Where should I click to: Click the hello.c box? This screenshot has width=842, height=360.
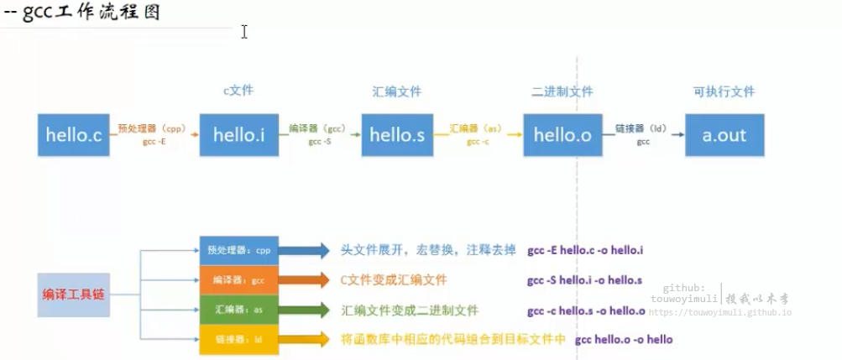[74, 134]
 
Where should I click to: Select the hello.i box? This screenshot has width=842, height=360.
[239, 134]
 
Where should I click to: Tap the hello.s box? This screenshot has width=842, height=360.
[397, 134]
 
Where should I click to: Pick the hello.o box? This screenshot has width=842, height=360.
[562, 134]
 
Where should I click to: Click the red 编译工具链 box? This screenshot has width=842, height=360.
[74, 295]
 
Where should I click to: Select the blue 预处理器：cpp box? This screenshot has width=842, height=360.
[239, 249]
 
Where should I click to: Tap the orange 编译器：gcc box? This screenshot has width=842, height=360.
[239, 279]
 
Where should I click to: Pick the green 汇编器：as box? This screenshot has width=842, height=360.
[239, 310]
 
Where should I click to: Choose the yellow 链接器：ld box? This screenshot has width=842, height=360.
[239, 339]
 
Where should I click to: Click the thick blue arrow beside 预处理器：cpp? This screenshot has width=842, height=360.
[304, 249]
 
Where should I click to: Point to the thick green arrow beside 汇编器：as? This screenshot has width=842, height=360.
[304, 310]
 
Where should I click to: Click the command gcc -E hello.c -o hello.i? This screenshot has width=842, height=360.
[585, 250]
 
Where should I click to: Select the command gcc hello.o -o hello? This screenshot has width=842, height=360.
[624, 340]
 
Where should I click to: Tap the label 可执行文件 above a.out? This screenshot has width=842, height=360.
[724, 91]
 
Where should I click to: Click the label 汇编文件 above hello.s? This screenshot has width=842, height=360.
[396, 91]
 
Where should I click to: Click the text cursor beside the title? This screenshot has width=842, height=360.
[244, 31]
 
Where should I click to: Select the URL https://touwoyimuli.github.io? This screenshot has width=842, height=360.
[719, 312]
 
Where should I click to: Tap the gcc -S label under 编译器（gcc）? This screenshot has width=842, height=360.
[320, 142]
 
